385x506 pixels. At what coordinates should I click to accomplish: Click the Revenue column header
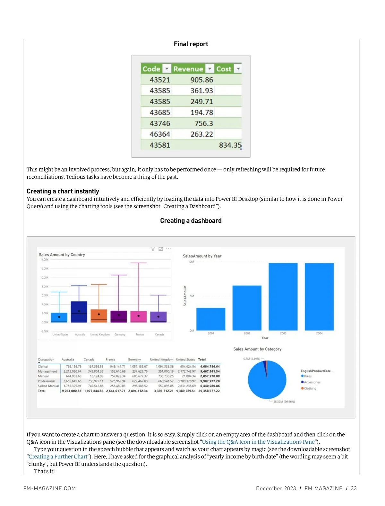pyautogui.click(x=188, y=69)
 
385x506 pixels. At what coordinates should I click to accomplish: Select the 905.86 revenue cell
pyautogui.click(x=201, y=80)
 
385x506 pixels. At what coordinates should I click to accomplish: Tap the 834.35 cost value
pyautogui.click(x=230, y=145)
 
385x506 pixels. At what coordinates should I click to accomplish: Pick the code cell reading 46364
pyautogui.click(x=160, y=134)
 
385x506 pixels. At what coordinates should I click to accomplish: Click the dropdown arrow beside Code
pyautogui.click(x=167, y=69)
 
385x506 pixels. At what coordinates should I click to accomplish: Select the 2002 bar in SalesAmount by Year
pyautogui.click(x=247, y=308)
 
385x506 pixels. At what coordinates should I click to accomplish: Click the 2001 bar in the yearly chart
pyautogui.click(x=210, y=319)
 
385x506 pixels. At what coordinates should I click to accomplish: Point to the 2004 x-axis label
pyautogui.click(x=319, y=333)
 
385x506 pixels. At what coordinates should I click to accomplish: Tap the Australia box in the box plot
pyautogui.click(x=79, y=312)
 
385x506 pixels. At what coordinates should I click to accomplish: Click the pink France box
pyautogui.click(x=139, y=316)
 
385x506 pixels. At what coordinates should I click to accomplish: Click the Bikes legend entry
pyautogui.click(x=307, y=376)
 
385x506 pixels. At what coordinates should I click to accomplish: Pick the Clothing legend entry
pyautogui.click(x=310, y=388)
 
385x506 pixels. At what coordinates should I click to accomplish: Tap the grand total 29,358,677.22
pyautogui.click(x=209, y=391)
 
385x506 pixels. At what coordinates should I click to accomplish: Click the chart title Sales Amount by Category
pyautogui.click(x=257, y=349)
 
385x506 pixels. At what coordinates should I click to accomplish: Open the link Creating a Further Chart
pyautogui.click(x=58, y=457)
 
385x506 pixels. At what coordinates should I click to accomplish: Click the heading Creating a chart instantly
pyautogui.click(x=63, y=191)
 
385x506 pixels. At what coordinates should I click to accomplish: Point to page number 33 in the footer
pyautogui.click(x=354, y=489)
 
